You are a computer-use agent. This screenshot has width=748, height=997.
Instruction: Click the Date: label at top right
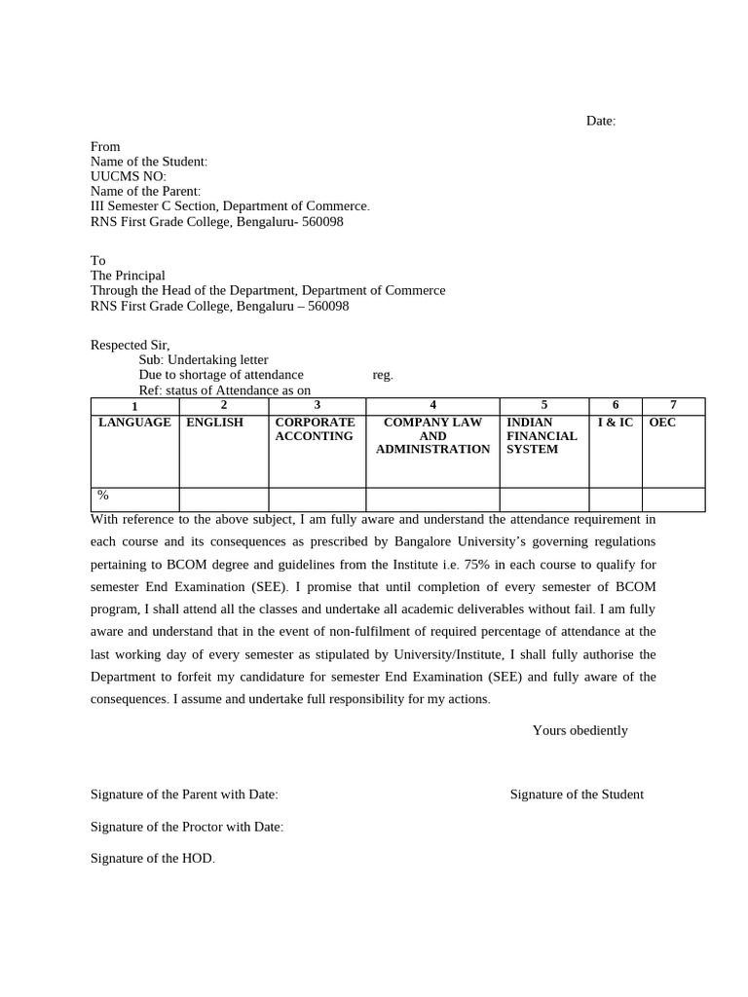[x=600, y=121]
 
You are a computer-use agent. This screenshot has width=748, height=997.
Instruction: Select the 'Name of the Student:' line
[x=149, y=162]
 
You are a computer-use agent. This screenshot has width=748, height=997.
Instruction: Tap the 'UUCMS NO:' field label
[x=129, y=176]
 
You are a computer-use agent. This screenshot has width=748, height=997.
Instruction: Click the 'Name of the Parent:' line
[x=145, y=192]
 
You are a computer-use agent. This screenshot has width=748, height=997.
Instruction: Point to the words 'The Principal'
[x=128, y=276]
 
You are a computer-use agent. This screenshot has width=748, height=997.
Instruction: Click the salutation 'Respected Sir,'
[x=130, y=345]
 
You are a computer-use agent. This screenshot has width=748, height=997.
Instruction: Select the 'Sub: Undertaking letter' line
[x=203, y=360]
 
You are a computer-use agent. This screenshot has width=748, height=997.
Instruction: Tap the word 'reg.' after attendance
[x=383, y=375]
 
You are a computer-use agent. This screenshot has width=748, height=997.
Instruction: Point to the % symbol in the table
[x=102, y=496]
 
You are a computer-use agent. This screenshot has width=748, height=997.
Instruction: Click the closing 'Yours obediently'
[x=580, y=730]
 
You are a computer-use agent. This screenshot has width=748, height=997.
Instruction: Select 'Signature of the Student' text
[x=577, y=794]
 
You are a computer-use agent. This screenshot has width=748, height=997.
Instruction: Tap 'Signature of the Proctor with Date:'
[x=187, y=827]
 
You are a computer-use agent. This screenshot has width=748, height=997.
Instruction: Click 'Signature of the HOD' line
[x=152, y=858]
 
